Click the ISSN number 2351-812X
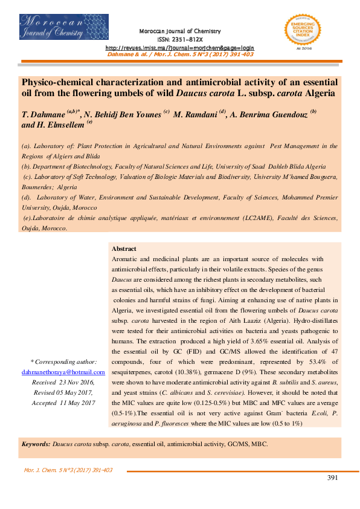coord(180,39)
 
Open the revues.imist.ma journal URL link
coord(180,47)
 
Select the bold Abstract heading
coord(124,248)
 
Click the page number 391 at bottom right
coord(332,478)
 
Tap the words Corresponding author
coord(69,362)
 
